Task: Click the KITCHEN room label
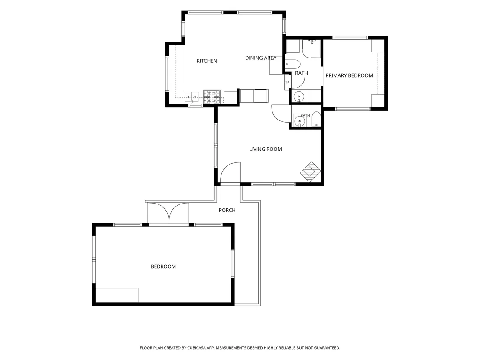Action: click(x=207, y=61)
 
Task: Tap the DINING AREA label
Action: click(x=260, y=58)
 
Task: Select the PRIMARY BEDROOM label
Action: click(x=349, y=75)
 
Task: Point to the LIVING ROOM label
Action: click(x=266, y=149)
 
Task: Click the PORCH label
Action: click(x=227, y=210)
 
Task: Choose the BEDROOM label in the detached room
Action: click(x=163, y=266)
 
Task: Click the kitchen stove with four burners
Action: click(x=212, y=97)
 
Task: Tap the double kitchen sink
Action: click(x=191, y=97)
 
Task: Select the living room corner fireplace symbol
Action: click(x=310, y=172)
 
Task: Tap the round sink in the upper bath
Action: click(x=298, y=97)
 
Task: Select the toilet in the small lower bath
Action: click(x=316, y=120)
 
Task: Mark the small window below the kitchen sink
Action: click(x=195, y=106)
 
